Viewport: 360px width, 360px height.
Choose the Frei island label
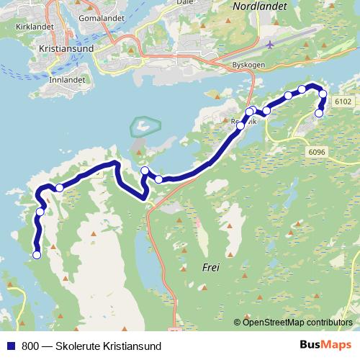coord(211,267)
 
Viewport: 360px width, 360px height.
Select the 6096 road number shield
coord(316,152)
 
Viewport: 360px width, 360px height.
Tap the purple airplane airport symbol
coord(270,45)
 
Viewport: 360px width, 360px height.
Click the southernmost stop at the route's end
coord(37,254)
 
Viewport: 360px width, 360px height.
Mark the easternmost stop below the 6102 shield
coord(319,112)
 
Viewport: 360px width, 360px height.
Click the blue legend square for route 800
coord(10,346)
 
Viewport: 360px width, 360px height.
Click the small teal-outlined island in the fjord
coord(143,127)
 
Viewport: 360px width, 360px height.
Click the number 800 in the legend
coord(30,346)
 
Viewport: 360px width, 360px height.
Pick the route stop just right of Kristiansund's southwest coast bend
coord(60,188)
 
